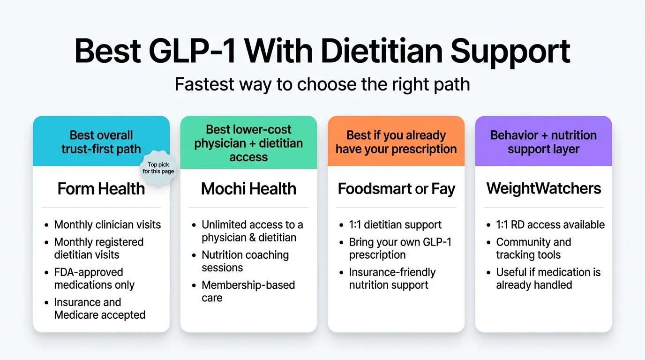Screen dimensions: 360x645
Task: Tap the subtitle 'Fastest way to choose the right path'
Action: click(x=322, y=84)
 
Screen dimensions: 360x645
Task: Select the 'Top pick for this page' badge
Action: click(x=158, y=168)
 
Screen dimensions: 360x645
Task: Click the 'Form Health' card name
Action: click(x=101, y=189)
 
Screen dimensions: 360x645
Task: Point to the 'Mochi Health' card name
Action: click(x=248, y=189)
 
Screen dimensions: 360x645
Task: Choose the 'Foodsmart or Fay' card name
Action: click(x=396, y=189)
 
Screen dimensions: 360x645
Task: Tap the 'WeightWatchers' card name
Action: click(x=543, y=189)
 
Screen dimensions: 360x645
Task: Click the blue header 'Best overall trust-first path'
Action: click(x=101, y=142)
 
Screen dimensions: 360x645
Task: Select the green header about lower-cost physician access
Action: click(x=248, y=143)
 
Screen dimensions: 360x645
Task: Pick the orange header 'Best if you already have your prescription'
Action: click(x=396, y=142)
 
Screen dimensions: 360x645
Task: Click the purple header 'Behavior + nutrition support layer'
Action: click(x=543, y=142)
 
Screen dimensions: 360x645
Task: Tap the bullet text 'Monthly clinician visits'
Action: click(x=107, y=225)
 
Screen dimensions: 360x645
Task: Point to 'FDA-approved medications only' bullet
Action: click(x=94, y=278)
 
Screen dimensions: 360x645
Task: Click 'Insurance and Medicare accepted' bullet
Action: click(x=99, y=308)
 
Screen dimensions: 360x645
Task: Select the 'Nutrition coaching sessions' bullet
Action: click(x=245, y=261)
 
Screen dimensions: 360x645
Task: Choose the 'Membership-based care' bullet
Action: click(x=248, y=291)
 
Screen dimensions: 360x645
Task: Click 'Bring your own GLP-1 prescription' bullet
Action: click(x=400, y=248)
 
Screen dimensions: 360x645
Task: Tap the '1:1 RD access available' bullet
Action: click(x=550, y=225)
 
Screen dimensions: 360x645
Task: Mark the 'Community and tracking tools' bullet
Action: click(x=533, y=248)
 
